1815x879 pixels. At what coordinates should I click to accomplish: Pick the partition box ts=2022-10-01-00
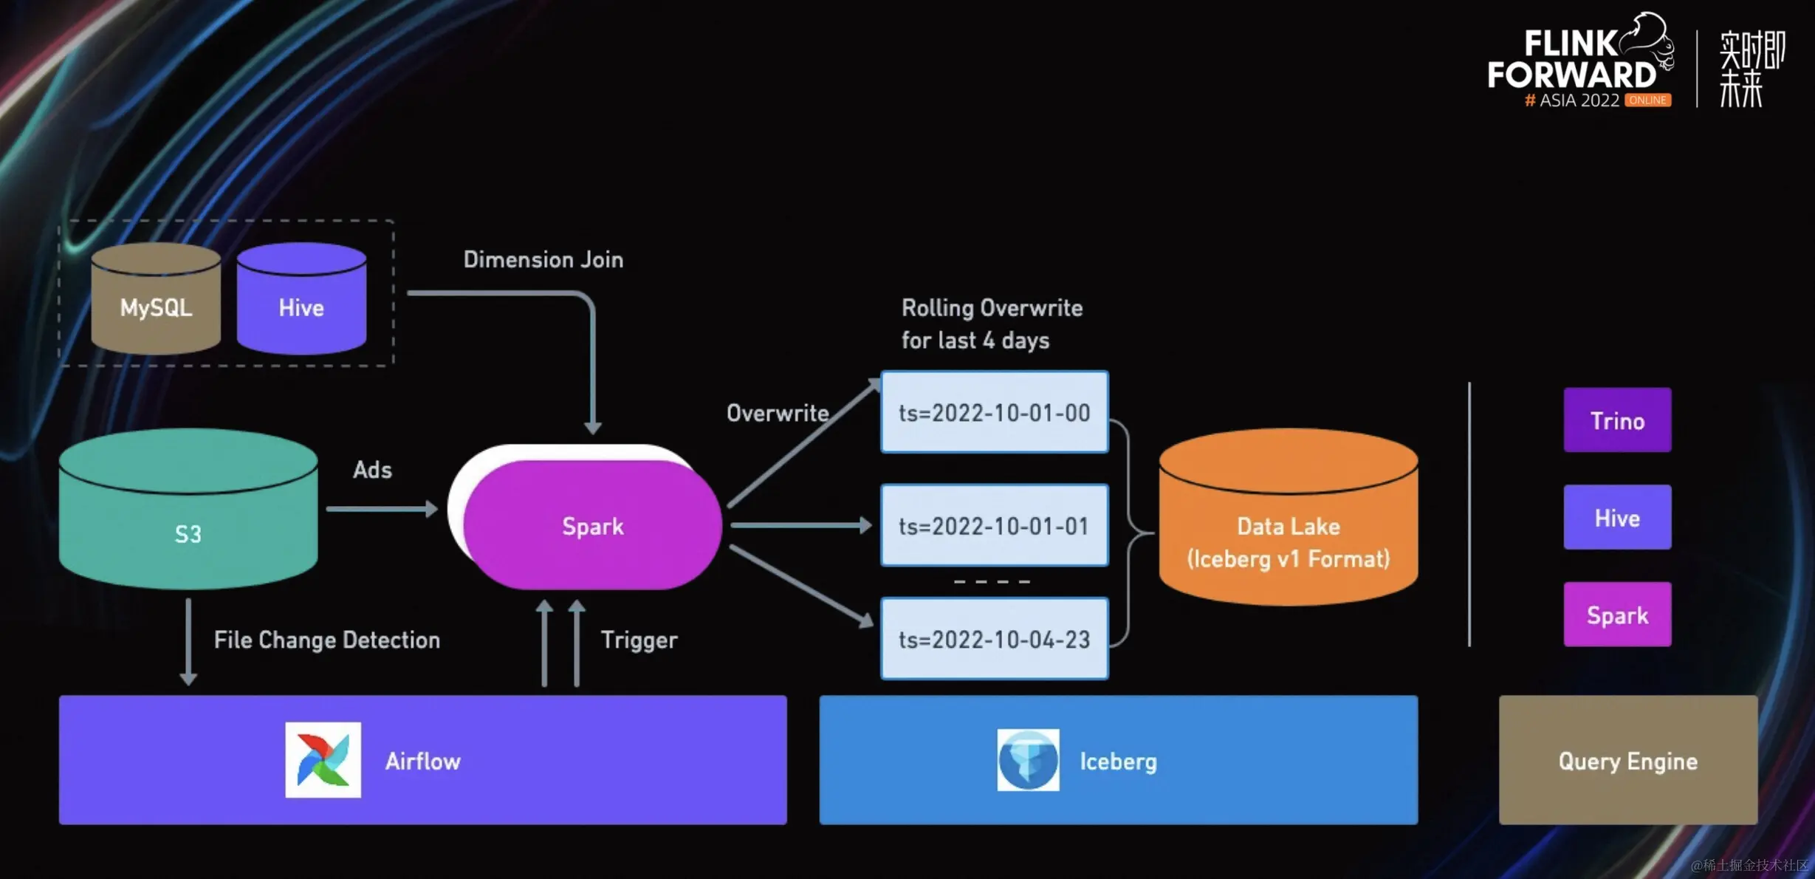pyautogui.click(x=994, y=412)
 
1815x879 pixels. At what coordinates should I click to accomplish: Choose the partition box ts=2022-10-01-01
pyautogui.click(x=994, y=525)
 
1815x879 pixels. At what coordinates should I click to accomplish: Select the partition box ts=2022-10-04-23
pyautogui.click(x=994, y=639)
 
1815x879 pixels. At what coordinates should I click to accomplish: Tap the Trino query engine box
pyautogui.click(x=1617, y=420)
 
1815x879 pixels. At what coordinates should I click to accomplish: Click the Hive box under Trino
pyautogui.click(x=1617, y=517)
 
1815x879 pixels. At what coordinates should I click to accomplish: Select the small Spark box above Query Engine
pyautogui.click(x=1617, y=615)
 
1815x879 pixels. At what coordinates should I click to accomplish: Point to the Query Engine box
pyautogui.click(x=1627, y=760)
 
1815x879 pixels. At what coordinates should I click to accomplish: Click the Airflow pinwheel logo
pyautogui.click(x=323, y=760)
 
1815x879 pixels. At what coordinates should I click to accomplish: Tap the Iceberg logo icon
pyautogui.click(x=1028, y=760)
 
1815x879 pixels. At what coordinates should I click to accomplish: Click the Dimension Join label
pyautogui.click(x=543, y=259)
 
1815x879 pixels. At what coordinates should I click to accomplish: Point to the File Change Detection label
pyautogui.click(x=326, y=640)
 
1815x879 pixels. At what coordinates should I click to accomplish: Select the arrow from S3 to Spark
pyautogui.click(x=381, y=509)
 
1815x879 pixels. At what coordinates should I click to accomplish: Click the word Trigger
pyautogui.click(x=639, y=640)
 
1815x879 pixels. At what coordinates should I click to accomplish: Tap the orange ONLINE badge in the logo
pyautogui.click(x=1647, y=100)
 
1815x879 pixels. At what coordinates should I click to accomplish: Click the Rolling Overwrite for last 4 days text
pyautogui.click(x=992, y=324)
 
